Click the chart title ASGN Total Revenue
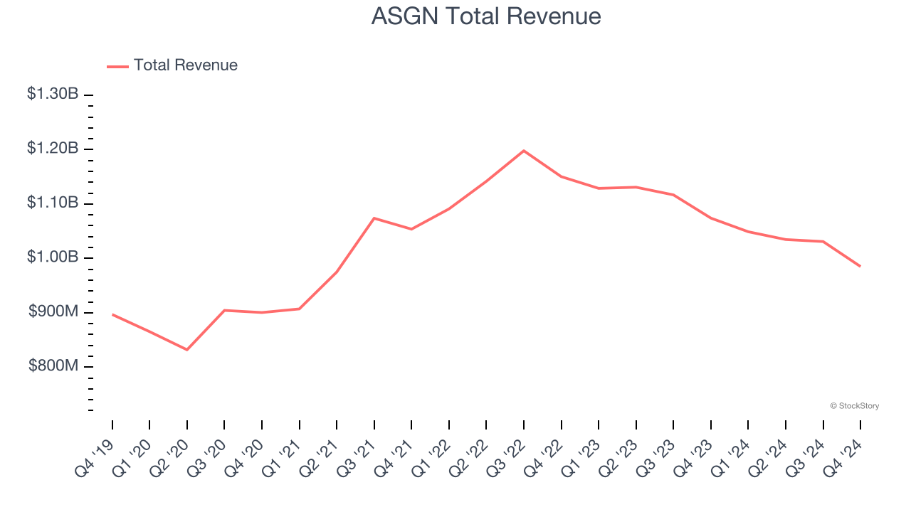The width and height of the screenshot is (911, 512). [x=486, y=16]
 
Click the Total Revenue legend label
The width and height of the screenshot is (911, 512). [x=185, y=65]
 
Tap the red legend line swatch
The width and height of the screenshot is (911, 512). [x=117, y=66]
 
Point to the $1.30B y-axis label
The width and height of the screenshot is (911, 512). [x=53, y=94]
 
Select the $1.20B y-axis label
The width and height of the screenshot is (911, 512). [x=53, y=149]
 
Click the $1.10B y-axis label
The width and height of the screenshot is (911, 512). [x=53, y=203]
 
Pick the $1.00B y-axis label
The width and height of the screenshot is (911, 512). [x=53, y=257]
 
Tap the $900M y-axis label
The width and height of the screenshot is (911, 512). [x=53, y=311]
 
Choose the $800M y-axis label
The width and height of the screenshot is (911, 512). [x=53, y=366]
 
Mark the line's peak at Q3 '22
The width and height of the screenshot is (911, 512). [x=524, y=151]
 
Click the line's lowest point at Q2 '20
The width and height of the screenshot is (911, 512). [x=187, y=350]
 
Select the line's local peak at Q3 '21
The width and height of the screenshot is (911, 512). [x=374, y=218]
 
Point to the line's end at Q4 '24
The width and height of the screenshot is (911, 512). [x=860, y=266]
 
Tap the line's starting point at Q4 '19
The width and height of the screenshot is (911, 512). [x=112, y=314]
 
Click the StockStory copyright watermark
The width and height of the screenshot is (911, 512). [x=854, y=406]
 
